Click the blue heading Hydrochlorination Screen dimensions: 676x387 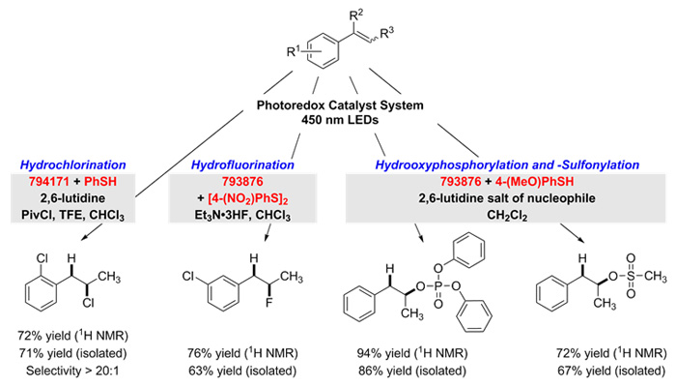pos(72,165)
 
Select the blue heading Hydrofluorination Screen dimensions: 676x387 pos(242,165)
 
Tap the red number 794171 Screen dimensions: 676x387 pos(49,182)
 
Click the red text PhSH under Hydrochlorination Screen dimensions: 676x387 pos(100,182)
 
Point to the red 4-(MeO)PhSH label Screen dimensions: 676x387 pos(534,182)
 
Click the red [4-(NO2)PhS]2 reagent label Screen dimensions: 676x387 pos(247,199)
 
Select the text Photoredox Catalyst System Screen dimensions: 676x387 pos(340,105)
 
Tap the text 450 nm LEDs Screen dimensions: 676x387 pos(340,120)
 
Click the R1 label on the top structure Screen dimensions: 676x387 pos(294,51)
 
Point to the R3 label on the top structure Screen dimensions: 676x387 pos(386,33)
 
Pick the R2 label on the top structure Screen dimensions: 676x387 pos(355,16)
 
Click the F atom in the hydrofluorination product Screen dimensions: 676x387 pos(269,302)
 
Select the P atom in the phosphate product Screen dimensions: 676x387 pos(438,286)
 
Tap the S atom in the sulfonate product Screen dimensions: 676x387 pos(631,277)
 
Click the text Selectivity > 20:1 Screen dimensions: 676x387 pos(72,371)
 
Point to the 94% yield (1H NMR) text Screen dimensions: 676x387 pos(412,353)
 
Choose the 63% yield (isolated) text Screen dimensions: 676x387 pos(242,371)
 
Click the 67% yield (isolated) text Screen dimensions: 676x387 pos(611,371)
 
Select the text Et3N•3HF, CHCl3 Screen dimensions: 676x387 pos(242,216)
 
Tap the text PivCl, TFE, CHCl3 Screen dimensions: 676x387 pos(72,216)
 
